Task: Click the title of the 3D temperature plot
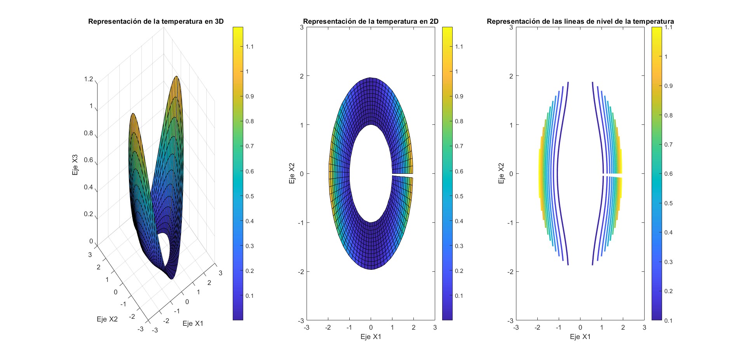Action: pyautogui.click(x=156, y=21)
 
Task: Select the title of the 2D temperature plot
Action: pyautogui.click(x=370, y=21)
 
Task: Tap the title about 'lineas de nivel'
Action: pyautogui.click(x=580, y=21)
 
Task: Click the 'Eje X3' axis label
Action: pyautogui.click(x=75, y=165)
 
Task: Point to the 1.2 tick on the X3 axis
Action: pyautogui.click(x=89, y=79)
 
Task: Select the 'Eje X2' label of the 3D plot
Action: pyautogui.click(x=107, y=319)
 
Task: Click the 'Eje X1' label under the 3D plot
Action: pyautogui.click(x=193, y=323)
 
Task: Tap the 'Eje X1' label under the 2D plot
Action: pyautogui.click(x=371, y=337)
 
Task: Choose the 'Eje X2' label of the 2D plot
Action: pyautogui.click(x=292, y=173)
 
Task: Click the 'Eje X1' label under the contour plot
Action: pyautogui.click(x=580, y=337)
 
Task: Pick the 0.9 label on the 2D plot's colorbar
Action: pyautogui.click(x=459, y=96)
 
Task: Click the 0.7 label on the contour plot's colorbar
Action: pyautogui.click(x=668, y=145)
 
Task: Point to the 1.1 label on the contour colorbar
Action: pyautogui.click(x=668, y=28)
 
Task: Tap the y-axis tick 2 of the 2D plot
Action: pyautogui.click(x=302, y=76)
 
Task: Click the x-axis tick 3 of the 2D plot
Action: pyautogui.click(x=435, y=327)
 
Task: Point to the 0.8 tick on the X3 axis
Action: pyautogui.click(x=89, y=133)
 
